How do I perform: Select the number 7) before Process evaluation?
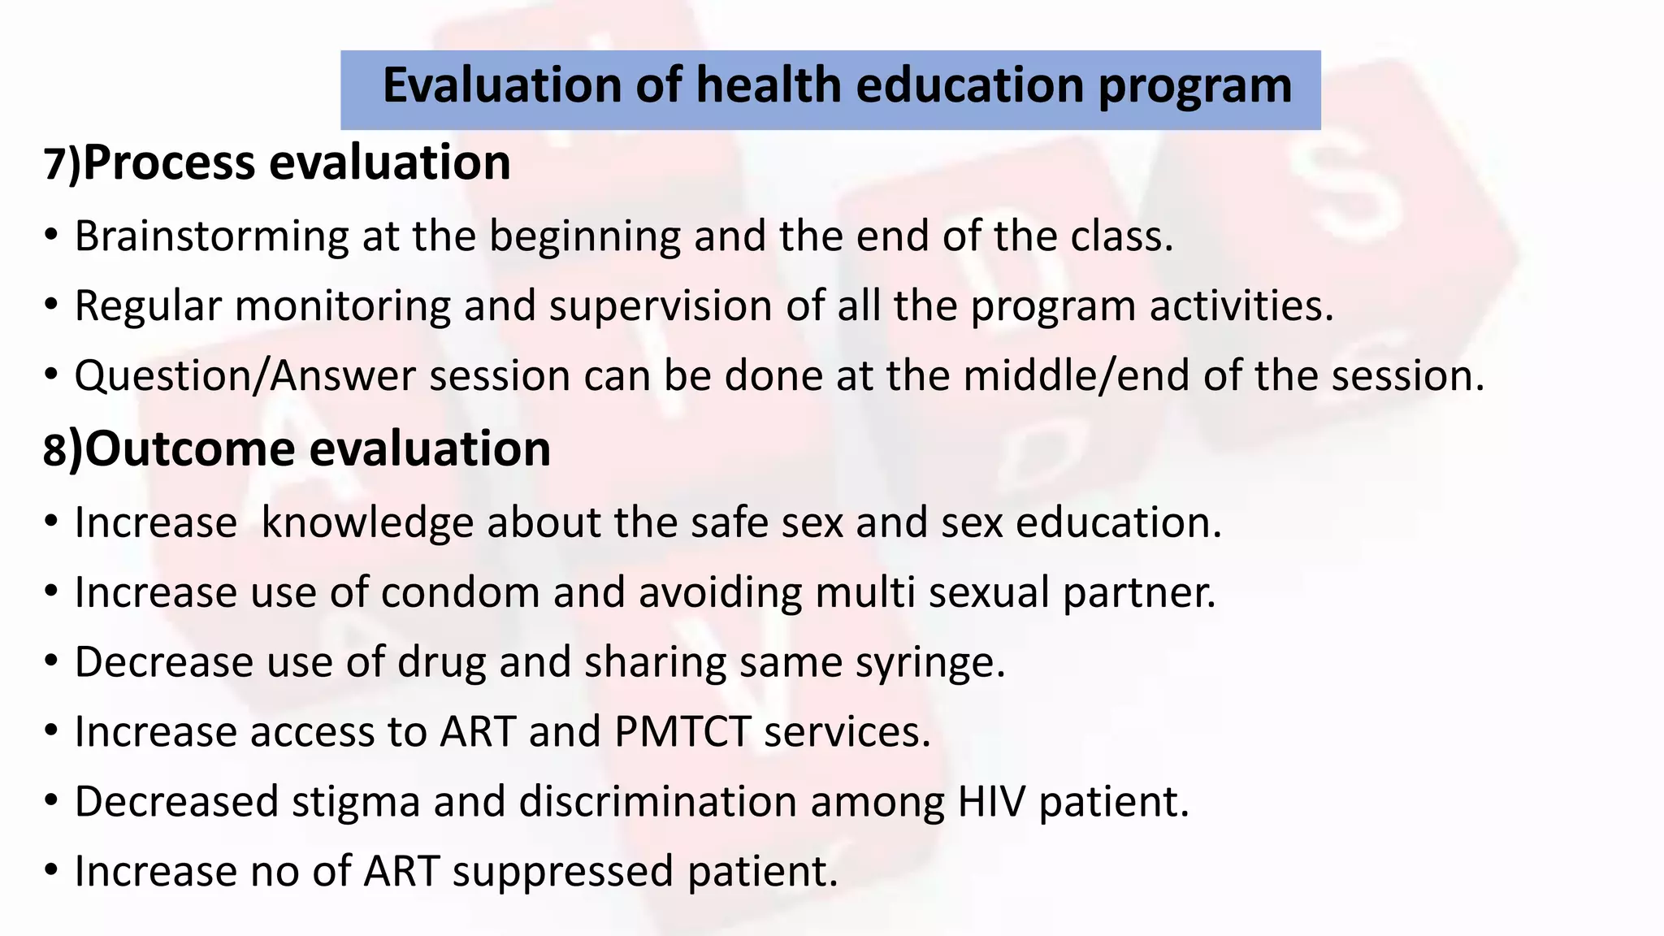pyautogui.click(x=62, y=163)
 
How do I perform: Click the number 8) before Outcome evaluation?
pyautogui.click(x=63, y=450)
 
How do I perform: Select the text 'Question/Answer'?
pyautogui.click(x=245, y=377)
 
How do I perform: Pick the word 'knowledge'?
pyautogui.click(x=367, y=522)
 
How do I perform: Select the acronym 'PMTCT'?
pyautogui.click(x=682, y=732)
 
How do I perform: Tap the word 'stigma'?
pyautogui.click(x=356, y=803)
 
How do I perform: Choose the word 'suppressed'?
pyautogui.click(x=563, y=873)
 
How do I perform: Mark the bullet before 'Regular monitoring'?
pyautogui.click(x=52, y=305)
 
